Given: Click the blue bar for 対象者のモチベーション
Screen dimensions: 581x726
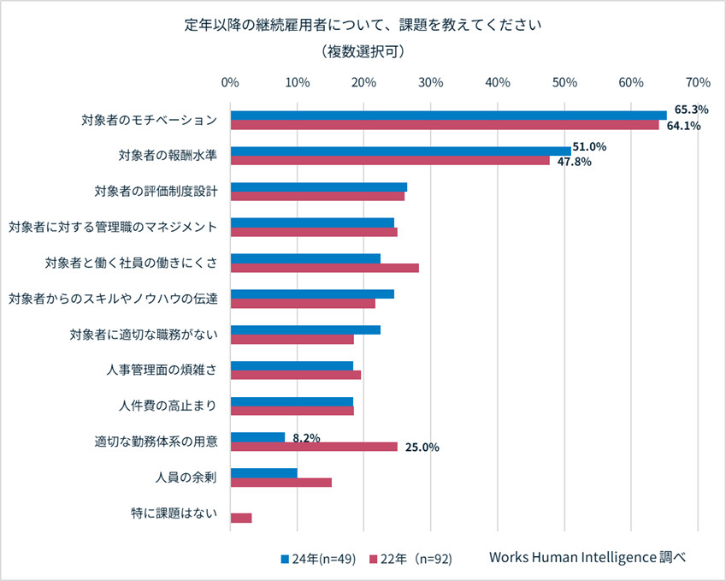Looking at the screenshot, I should tap(448, 116).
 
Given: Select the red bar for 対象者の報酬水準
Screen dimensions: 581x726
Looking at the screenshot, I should tap(390, 160).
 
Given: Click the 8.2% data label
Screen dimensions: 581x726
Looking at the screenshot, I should tap(306, 438).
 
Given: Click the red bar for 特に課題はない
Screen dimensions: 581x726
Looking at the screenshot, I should tap(241, 518).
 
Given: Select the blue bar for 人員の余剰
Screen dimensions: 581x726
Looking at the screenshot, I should tap(264, 473).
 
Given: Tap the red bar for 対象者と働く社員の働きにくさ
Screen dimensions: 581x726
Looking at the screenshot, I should tap(324, 268).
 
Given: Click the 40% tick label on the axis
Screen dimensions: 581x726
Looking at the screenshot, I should tap(498, 83).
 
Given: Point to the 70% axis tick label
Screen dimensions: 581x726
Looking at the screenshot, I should tap(698, 83).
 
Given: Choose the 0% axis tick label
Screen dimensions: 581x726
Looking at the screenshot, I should tap(230, 83).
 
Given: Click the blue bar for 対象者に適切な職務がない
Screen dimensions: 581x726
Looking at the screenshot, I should tap(305, 330).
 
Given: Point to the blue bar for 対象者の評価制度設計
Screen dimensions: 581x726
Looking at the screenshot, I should tap(318, 187).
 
